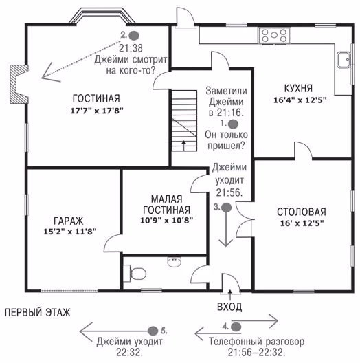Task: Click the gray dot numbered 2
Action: tap(134, 36)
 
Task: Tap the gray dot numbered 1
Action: tap(233, 124)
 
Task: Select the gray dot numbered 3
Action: tap(226, 208)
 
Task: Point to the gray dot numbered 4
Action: tap(236, 327)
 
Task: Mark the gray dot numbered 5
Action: tap(153, 331)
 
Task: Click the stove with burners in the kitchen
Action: tap(274, 35)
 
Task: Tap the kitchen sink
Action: tap(344, 60)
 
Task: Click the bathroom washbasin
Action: tap(175, 262)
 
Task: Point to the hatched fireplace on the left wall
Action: tap(19, 85)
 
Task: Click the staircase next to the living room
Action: tap(184, 120)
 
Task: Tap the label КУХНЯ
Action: tap(298, 88)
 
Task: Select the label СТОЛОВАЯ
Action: tap(302, 212)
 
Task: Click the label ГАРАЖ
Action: tap(68, 221)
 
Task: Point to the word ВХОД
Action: tap(229, 307)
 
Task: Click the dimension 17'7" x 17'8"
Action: tap(97, 111)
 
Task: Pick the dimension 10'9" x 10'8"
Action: tap(166, 221)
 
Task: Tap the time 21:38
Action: tap(131, 48)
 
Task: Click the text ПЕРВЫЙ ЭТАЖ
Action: tap(38, 313)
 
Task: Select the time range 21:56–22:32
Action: tap(256, 353)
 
